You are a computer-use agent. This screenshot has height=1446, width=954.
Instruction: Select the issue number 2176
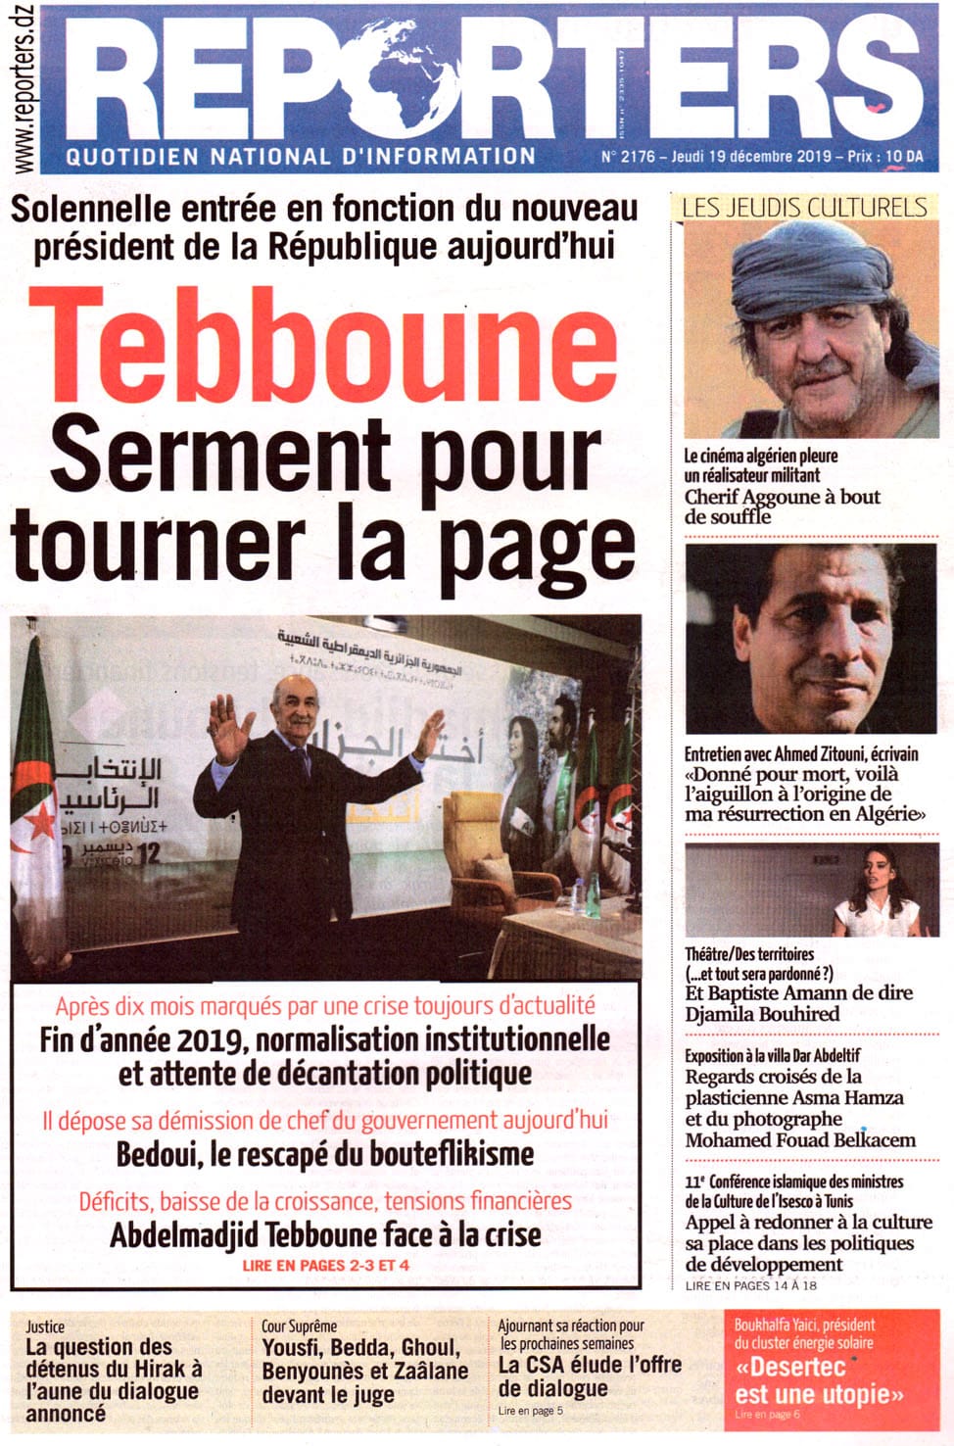[x=638, y=157]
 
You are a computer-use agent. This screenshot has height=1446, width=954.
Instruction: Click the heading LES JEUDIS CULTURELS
[x=803, y=207]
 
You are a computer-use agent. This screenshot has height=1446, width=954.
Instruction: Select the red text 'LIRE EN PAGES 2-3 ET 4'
[x=325, y=1265]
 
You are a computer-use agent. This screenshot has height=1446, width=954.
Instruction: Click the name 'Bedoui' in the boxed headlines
[x=157, y=1154]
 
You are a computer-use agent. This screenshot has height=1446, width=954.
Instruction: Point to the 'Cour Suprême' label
[x=299, y=1325]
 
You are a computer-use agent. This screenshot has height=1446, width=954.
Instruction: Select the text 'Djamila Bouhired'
[x=762, y=1014]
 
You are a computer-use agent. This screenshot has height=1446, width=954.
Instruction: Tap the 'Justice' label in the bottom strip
[x=45, y=1326]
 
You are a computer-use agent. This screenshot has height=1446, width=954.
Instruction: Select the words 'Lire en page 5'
[x=530, y=1411]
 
